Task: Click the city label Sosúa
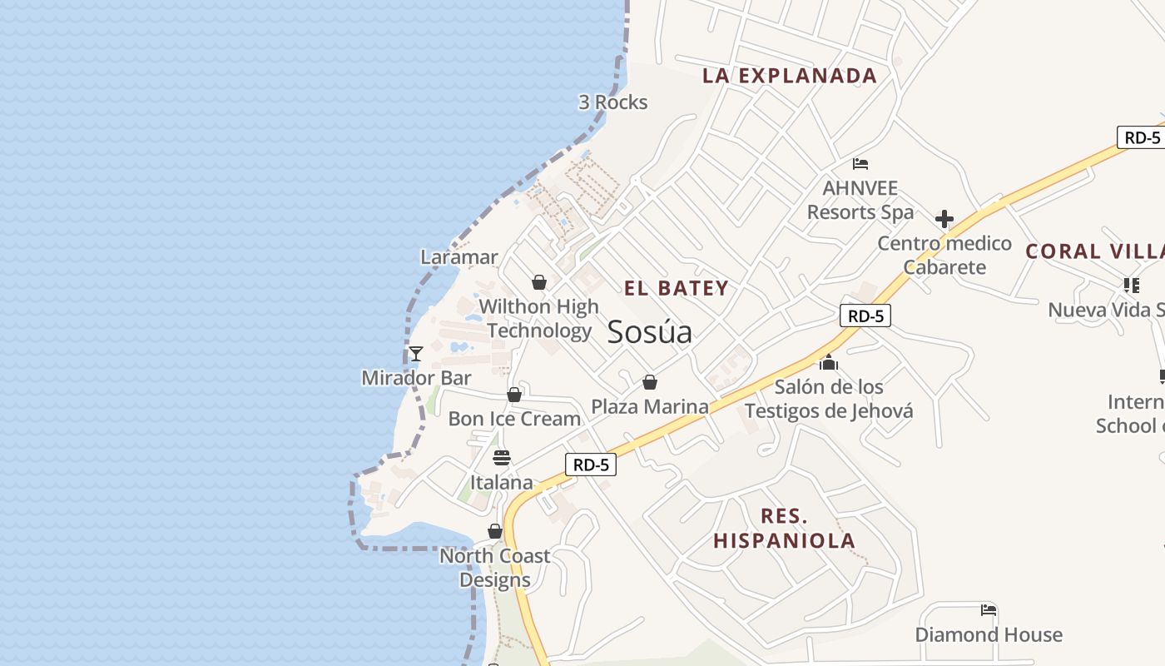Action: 649,331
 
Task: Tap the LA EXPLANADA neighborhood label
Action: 789,75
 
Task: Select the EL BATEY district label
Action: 677,288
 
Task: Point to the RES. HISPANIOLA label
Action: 784,528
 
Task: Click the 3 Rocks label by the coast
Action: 612,102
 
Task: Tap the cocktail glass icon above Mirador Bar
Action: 416,354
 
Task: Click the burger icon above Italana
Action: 501,458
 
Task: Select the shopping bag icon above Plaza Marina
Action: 650,382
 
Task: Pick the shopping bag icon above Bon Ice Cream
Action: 514,395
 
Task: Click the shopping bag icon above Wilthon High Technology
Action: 539,282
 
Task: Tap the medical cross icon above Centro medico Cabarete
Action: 944,219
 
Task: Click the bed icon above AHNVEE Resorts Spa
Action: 860,164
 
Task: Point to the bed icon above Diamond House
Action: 989,610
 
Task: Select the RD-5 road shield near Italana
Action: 591,465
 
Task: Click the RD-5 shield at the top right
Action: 1142,137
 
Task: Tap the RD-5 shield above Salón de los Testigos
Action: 865,316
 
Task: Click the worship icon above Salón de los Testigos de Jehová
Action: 828,362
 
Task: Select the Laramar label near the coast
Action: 459,257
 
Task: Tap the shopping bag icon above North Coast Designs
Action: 495,531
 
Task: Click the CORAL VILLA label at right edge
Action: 1094,251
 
